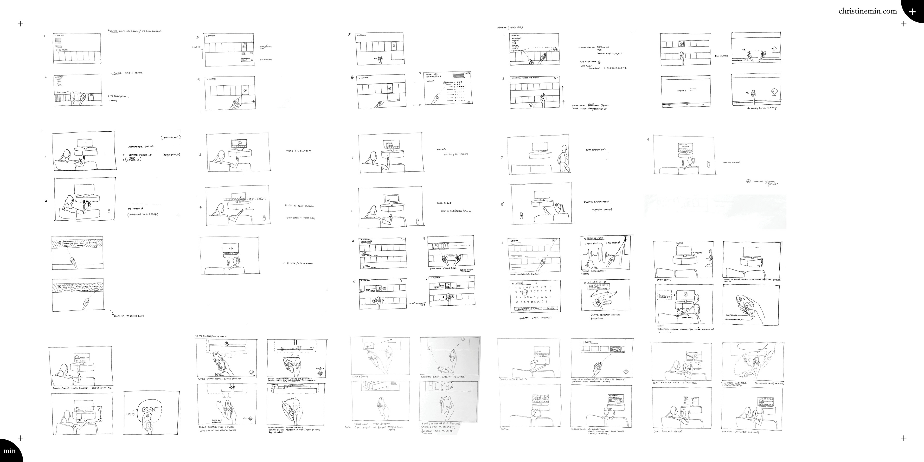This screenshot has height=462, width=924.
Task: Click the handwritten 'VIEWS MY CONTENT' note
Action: click(x=298, y=151)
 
